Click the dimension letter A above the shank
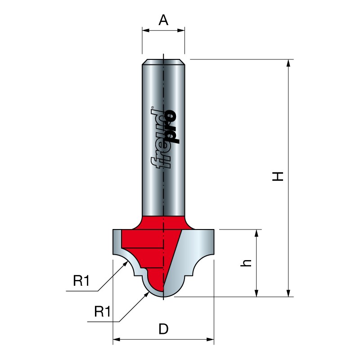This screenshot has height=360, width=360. click(x=163, y=20)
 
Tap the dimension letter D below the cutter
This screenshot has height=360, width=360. click(x=163, y=329)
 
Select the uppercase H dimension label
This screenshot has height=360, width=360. click(x=278, y=176)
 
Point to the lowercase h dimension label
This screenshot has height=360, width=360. click(x=246, y=263)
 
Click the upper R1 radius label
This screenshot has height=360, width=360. click(x=81, y=280)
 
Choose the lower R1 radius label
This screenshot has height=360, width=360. click(x=103, y=311)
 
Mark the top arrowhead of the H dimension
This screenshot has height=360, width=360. click(x=288, y=63)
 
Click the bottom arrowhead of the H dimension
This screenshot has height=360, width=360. click(x=288, y=293)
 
